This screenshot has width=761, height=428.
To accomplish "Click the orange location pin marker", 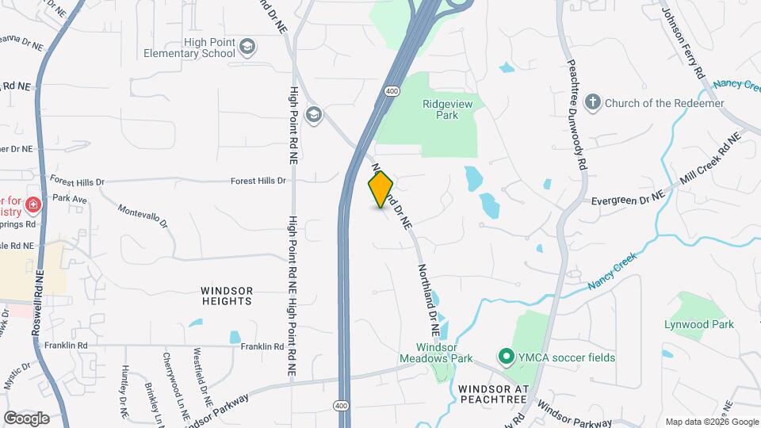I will (380, 189).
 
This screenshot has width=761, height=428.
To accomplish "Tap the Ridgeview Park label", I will (441, 109).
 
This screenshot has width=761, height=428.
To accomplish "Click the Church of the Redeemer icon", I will (592, 102).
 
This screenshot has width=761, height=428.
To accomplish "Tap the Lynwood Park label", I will (699, 324).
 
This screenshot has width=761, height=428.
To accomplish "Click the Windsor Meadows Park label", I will (446, 353).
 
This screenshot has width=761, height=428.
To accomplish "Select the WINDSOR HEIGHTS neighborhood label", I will (227, 296).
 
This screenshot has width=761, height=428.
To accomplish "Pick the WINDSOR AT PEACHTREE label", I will (492, 389).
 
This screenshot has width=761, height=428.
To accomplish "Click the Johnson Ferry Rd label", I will (683, 43).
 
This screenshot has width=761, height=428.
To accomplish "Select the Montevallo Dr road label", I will (143, 216).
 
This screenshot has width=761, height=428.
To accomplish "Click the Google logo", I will (26, 418).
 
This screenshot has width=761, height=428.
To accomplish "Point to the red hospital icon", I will (33, 206).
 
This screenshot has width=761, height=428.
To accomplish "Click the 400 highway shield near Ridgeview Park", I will (392, 90).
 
